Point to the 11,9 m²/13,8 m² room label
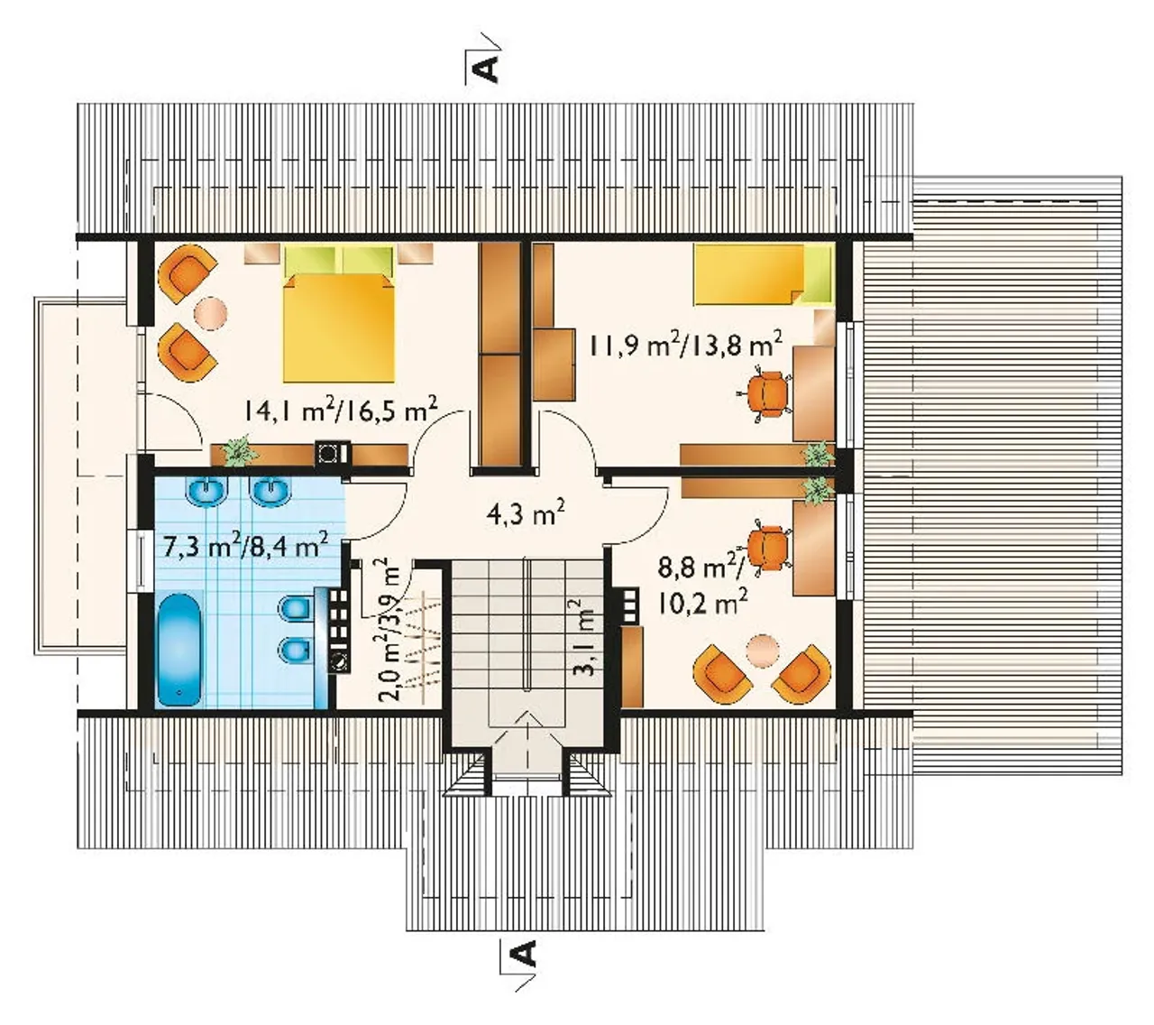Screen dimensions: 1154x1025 click(x=684, y=344)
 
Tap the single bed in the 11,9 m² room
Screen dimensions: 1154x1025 click(x=764, y=275)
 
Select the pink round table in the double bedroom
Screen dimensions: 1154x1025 click(x=211, y=312)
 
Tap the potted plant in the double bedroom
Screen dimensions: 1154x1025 click(x=238, y=452)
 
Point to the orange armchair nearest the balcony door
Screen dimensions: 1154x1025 click(x=187, y=350)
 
